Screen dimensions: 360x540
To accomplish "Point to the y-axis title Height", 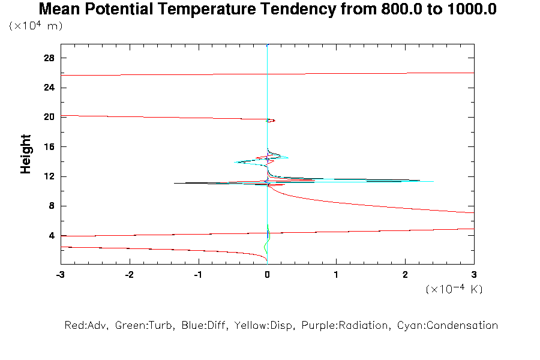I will [26, 154].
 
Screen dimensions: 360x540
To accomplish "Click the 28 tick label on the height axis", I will [49, 58].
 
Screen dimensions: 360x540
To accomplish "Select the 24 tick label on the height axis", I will [49, 88].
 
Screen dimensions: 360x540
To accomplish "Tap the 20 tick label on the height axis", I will [49, 117].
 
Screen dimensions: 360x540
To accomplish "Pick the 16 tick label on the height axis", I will [49, 147].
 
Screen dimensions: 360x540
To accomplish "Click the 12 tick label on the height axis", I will [49, 176].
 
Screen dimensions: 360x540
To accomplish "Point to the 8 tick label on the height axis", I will [52, 206].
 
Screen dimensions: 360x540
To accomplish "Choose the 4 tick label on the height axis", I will [52, 236].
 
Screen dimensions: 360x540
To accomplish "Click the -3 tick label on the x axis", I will [60, 274].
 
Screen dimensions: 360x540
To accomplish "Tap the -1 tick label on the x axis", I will [197, 274].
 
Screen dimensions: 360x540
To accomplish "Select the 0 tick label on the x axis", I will [267, 274].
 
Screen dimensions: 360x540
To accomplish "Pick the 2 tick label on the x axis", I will [405, 274].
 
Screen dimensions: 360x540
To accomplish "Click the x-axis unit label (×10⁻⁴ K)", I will [454, 289].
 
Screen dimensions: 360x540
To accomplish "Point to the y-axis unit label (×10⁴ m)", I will [36, 26].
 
